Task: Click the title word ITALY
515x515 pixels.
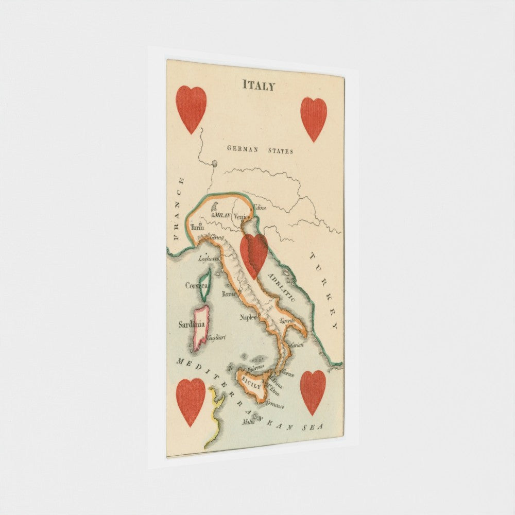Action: pyautogui.click(x=259, y=86)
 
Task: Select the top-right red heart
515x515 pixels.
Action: pyautogui.click(x=314, y=118)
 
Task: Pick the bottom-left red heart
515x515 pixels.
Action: pyautogui.click(x=191, y=401)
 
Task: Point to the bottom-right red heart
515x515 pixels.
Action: pyautogui.click(x=313, y=391)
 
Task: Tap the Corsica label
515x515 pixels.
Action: pyautogui.click(x=196, y=285)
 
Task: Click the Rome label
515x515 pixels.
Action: pyautogui.click(x=228, y=294)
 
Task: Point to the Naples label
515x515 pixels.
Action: pyautogui.click(x=248, y=317)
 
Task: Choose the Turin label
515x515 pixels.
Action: pyautogui.click(x=197, y=227)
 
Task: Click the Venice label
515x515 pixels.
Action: pyautogui.click(x=242, y=217)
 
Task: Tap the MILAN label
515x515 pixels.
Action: pyautogui.click(x=222, y=215)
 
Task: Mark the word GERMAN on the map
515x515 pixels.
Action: pyautogui.click(x=243, y=149)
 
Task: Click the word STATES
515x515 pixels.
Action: pyautogui.click(x=280, y=151)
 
